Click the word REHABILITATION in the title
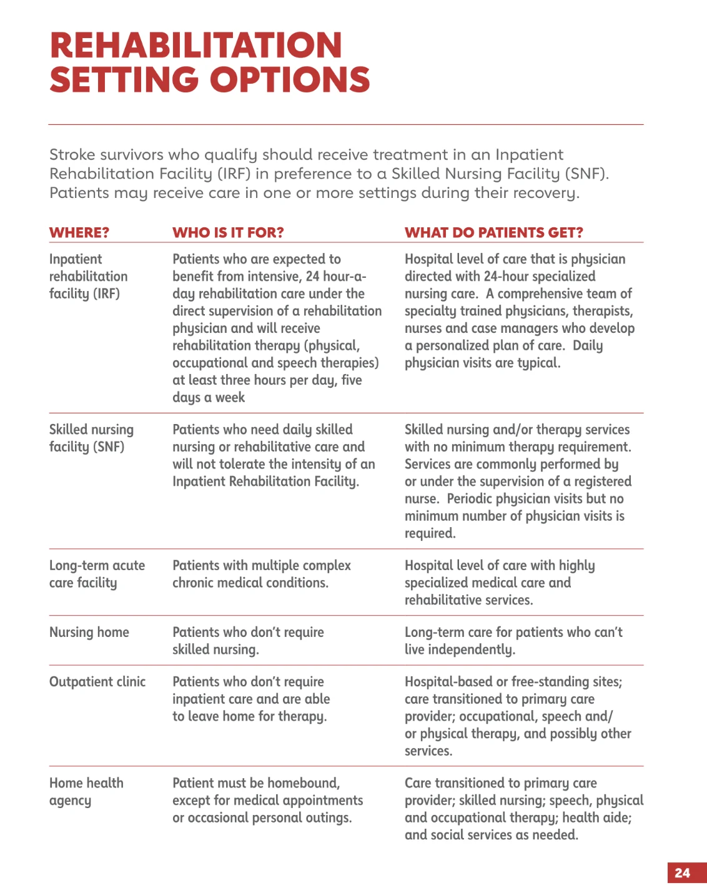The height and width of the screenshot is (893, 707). [195, 46]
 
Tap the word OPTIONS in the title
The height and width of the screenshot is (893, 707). [290, 80]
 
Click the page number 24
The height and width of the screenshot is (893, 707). [682, 873]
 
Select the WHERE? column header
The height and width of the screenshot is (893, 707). [79, 233]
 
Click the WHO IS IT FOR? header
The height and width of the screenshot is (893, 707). [228, 233]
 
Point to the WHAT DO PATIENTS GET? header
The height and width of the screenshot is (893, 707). [493, 233]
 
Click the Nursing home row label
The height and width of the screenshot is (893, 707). [89, 632]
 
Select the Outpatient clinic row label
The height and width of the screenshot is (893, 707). [97, 682]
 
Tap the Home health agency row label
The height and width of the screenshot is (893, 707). [86, 791]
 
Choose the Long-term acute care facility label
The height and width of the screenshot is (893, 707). [97, 574]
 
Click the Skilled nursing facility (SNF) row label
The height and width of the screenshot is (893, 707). [91, 438]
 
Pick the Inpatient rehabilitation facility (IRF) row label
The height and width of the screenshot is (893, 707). [88, 276]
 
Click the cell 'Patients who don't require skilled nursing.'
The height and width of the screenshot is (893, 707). [248, 641]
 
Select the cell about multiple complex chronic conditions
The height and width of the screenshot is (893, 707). [261, 574]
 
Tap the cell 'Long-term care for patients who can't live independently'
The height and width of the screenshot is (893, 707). [513, 641]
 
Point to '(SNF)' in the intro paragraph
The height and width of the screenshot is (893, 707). [586, 174]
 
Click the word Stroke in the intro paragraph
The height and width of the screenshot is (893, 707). [72, 155]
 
